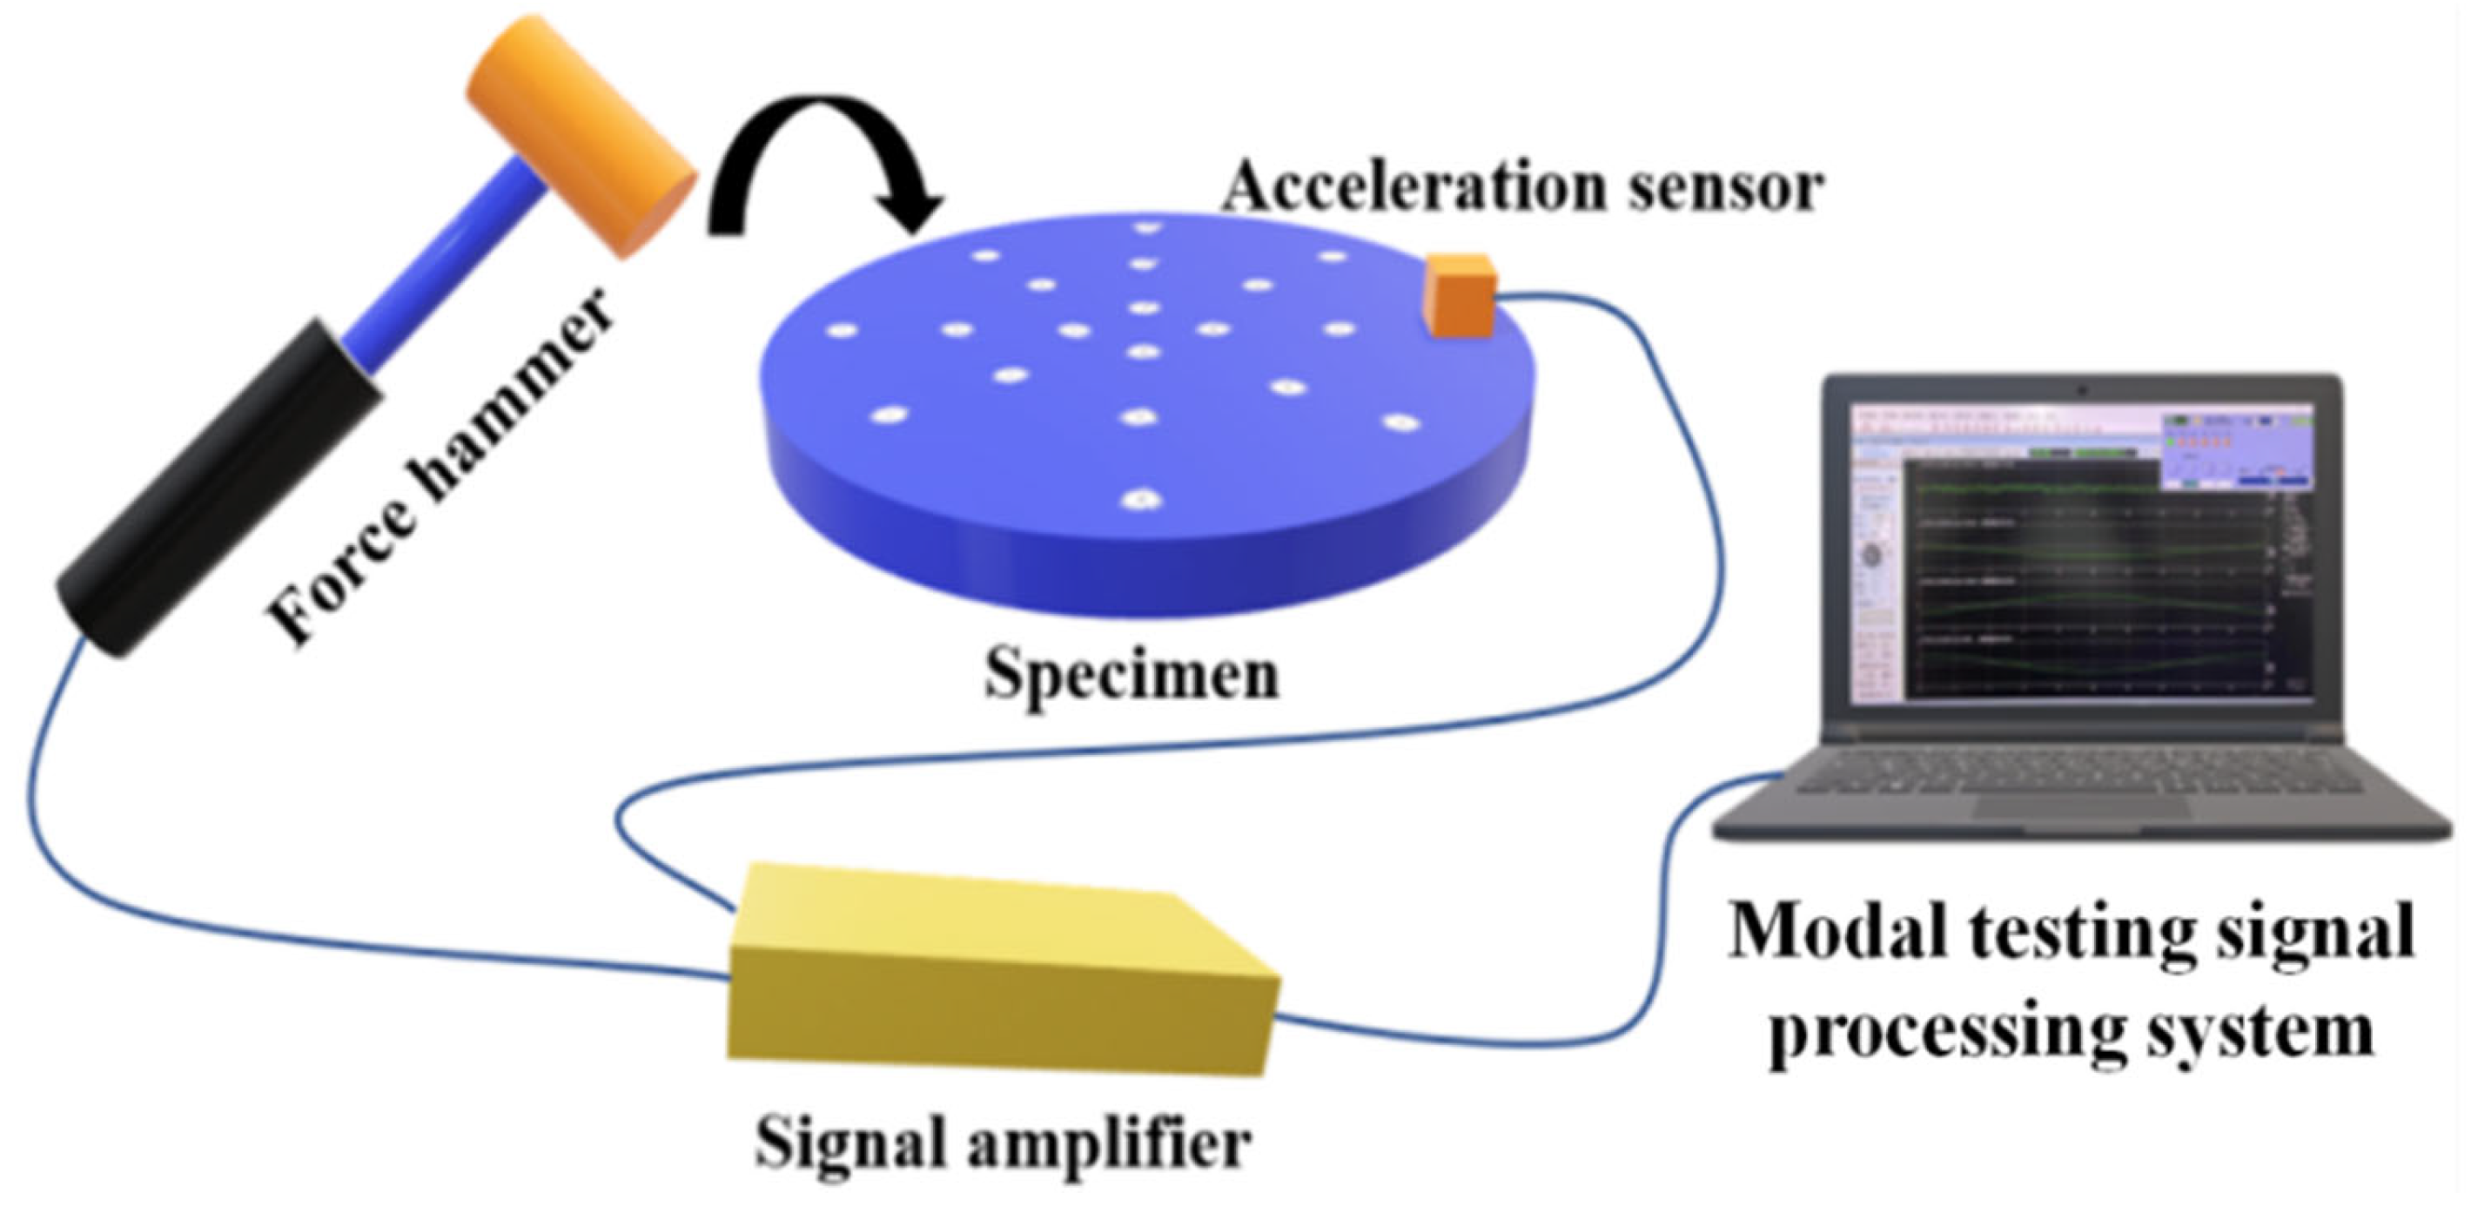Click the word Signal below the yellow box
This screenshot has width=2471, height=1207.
tap(854, 1142)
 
